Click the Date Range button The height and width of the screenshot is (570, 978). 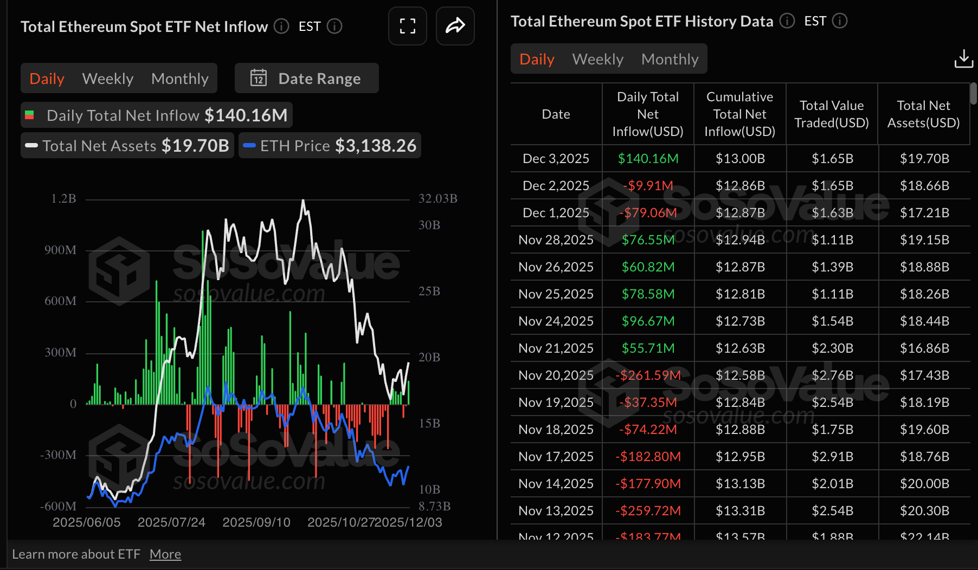tap(306, 79)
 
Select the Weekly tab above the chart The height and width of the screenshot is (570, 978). tap(108, 79)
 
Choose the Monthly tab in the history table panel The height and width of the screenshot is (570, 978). tap(670, 59)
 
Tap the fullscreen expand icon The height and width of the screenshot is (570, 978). tap(408, 26)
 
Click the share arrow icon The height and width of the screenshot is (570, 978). tap(455, 26)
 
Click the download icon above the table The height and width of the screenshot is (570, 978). tap(963, 59)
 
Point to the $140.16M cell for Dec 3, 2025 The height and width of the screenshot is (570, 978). tap(648, 159)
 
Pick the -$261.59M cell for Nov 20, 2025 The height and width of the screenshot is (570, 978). tap(648, 375)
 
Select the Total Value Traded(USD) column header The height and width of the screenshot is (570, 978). tap(832, 114)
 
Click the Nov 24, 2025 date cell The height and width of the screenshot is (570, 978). tap(556, 321)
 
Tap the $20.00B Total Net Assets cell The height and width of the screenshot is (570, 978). tap(924, 484)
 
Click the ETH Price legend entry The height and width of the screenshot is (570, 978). tap(330, 146)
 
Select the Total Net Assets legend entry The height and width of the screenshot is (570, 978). tap(127, 146)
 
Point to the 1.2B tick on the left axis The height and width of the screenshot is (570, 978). tap(63, 199)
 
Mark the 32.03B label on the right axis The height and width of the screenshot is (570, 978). tap(437, 199)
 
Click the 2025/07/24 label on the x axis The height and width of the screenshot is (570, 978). tap(171, 522)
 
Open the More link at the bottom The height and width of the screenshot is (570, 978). tap(165, 554)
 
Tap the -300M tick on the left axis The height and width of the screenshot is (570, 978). tap(58, 455)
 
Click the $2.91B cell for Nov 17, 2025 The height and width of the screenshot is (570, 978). tap(832, 457)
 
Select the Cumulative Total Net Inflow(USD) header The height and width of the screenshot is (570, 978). tap(739, 114)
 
